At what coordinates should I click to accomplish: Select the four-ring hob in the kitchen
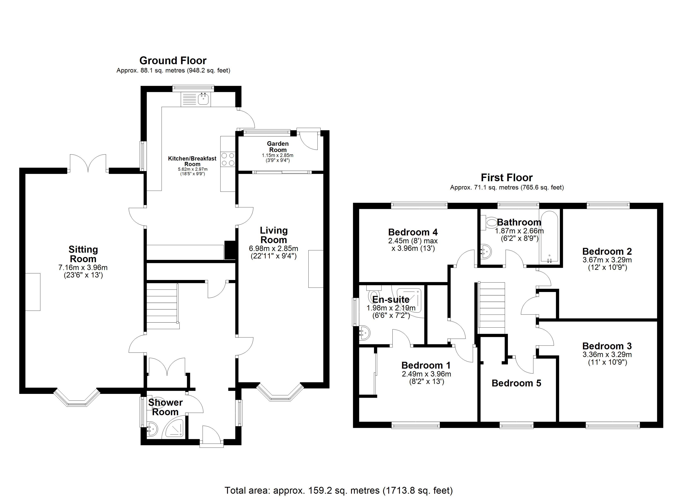(228, 159)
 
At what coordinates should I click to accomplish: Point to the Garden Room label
(278, 147)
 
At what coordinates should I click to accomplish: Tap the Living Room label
(274, 235)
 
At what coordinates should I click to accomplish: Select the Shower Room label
(165, 407)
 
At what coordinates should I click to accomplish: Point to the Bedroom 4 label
(413, 232)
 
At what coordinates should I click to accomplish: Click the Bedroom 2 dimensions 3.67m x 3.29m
(607, 260)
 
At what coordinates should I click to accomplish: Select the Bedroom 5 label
(516, 383)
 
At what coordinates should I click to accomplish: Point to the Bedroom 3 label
(607, 346)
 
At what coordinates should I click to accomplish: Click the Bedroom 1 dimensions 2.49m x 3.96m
(426, 374)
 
